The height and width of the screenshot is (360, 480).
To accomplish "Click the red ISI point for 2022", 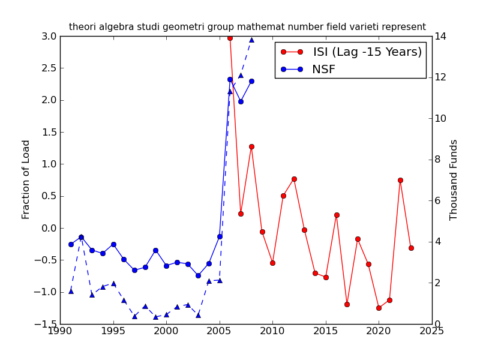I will [400, 180].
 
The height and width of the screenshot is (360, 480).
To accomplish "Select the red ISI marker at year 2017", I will [347, 304].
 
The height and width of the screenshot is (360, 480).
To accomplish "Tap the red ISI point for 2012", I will [294, 179].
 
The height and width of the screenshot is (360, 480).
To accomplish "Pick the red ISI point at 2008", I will [251, 146].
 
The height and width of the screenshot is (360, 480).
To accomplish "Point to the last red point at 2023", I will [411, 248].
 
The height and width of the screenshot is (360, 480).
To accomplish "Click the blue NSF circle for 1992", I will [81, 237].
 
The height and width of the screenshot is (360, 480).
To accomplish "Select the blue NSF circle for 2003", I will [198, 275].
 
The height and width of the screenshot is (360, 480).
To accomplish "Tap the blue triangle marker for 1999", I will [155, 317].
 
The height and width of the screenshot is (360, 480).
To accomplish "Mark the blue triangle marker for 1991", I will [71, 291].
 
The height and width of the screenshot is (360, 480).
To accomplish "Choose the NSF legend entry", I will [323, 70].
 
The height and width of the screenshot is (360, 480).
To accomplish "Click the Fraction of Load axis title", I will [26, 179].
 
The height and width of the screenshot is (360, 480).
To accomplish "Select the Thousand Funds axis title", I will [454, 180].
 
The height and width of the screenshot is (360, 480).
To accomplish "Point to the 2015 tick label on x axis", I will [326, 331].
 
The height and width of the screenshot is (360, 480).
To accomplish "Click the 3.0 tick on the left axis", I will [50, 36].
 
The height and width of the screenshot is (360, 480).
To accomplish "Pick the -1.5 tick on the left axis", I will [47, 324].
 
